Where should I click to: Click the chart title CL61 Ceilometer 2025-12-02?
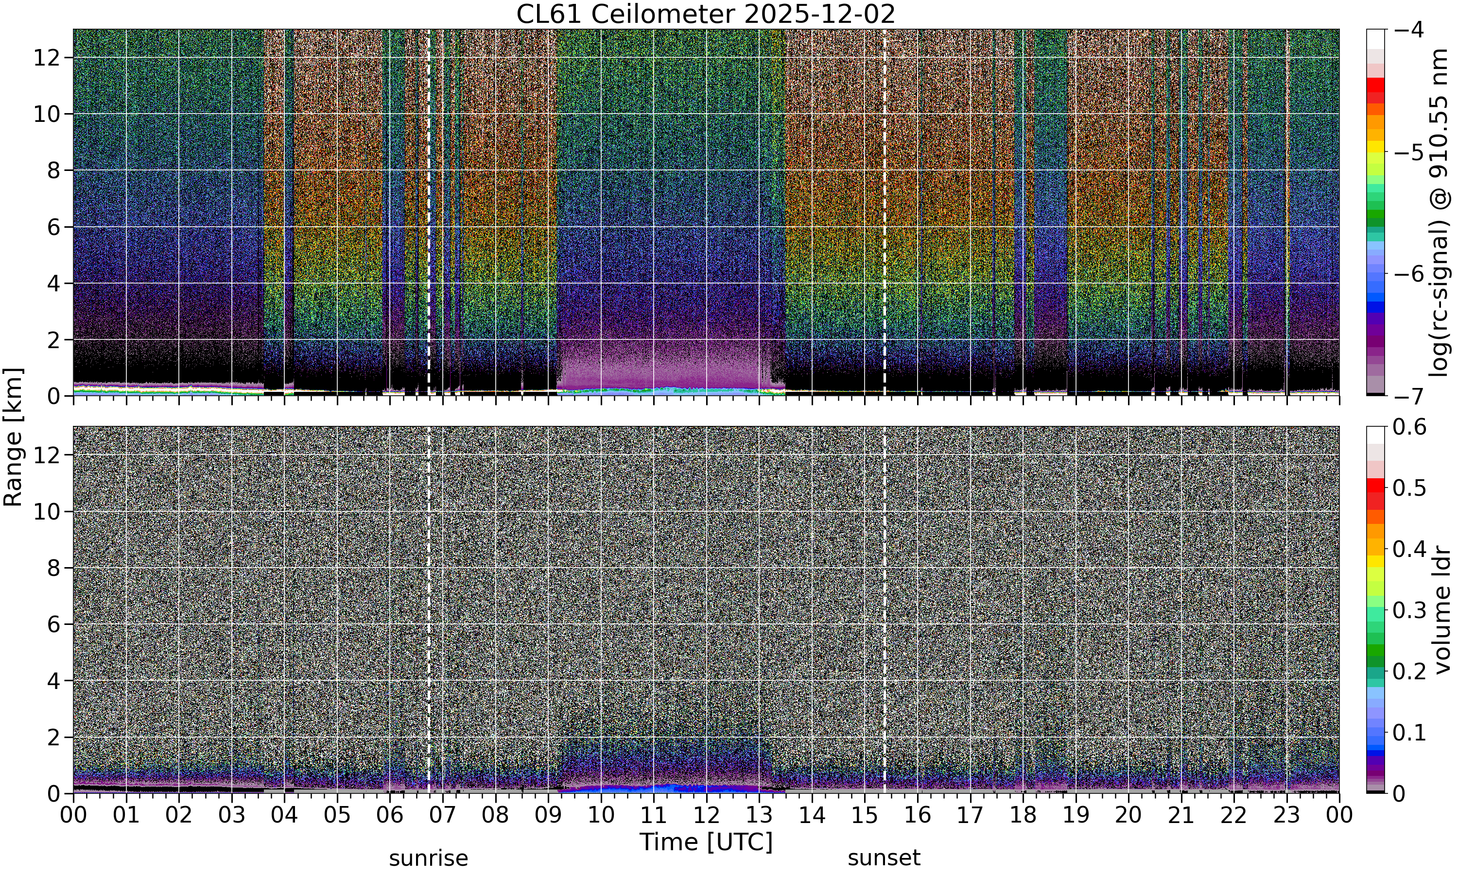coord(705,14)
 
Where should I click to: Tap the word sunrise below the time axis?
coord(429,858)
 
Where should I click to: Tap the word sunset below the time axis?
coord(884,858)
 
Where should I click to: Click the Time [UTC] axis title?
coord(705,841)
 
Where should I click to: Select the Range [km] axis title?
coord(13,438)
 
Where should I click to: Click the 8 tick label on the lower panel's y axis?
coord(53,568)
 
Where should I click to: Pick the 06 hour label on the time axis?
coord(390,815)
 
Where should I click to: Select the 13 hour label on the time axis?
coord(759,815)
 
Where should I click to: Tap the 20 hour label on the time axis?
coord(1128,815)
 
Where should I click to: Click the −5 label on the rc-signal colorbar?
coord(1408,152)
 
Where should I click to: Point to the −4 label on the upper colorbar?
coord(1408,30)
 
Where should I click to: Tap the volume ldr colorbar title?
coord(1441,610)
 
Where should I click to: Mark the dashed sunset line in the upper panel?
coord(884,213)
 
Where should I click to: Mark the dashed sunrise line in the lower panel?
coord(429,609)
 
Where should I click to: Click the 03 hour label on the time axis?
coord(232,815)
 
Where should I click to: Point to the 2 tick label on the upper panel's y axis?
coord(53,340)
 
